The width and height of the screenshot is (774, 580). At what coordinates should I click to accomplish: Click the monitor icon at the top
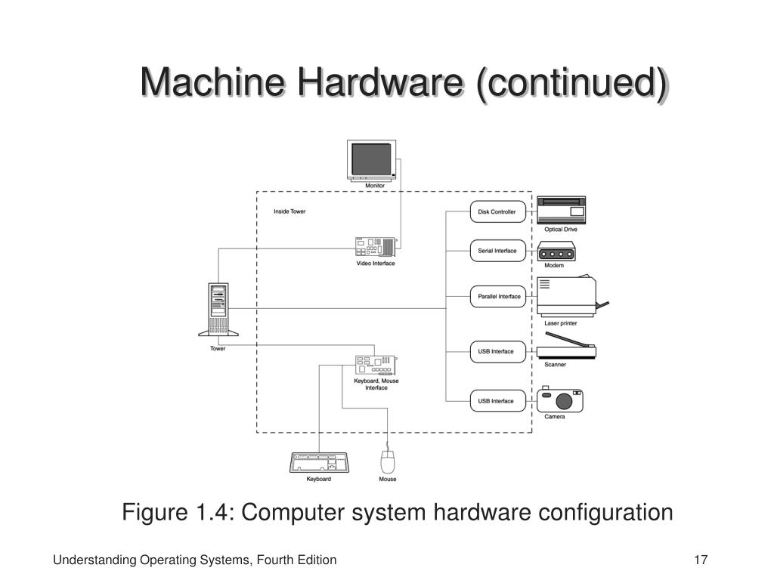(x=374, y=160)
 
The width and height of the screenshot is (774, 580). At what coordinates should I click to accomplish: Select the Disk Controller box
(x=497, y=212)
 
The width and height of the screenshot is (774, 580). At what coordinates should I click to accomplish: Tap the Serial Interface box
(x=497, y=251)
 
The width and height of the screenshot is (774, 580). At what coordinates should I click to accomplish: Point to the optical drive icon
(x=561, y=209)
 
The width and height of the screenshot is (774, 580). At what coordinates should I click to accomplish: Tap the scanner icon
(x=565, y=352)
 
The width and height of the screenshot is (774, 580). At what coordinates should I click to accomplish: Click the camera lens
(x=563, y=402)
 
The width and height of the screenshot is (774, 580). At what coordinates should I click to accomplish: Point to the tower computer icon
(x=218, y=310)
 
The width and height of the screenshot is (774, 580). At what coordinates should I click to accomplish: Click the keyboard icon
(x=319, y=462)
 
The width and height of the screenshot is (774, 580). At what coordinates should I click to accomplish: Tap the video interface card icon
(x=375, y=247)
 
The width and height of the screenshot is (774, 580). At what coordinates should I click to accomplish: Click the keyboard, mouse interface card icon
(x=376, y=365)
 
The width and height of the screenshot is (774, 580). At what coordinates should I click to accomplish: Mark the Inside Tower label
(x=289, y=211)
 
